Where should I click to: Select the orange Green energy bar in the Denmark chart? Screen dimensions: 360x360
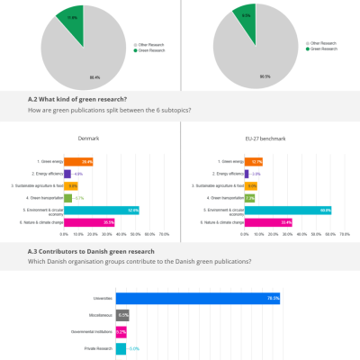(78, 161)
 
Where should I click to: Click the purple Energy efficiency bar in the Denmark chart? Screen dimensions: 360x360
(67, 173)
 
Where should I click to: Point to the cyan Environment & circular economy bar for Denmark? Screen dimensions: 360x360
(101, 209)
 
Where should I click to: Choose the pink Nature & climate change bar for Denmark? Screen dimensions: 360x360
(89, 221)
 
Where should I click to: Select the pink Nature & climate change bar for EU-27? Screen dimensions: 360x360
(268, 221)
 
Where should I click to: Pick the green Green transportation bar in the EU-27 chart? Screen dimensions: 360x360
(249, 197)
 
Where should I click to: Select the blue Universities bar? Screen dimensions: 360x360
(197, 298)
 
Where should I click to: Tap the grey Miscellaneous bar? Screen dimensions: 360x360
(121, 315)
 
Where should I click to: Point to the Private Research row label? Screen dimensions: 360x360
(97, 347)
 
